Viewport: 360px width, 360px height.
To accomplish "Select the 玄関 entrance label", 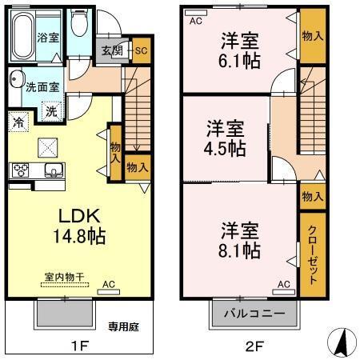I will tap(110, 50).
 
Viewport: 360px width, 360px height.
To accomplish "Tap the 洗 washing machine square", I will tap(50, 111).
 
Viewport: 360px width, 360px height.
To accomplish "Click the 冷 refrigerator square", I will tap(18, 123).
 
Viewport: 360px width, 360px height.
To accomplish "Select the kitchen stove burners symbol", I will tap(20, 170).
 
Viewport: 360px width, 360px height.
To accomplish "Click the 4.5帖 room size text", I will tap(225, 148).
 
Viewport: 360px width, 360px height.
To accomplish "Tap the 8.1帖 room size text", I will tap(240, 250).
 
